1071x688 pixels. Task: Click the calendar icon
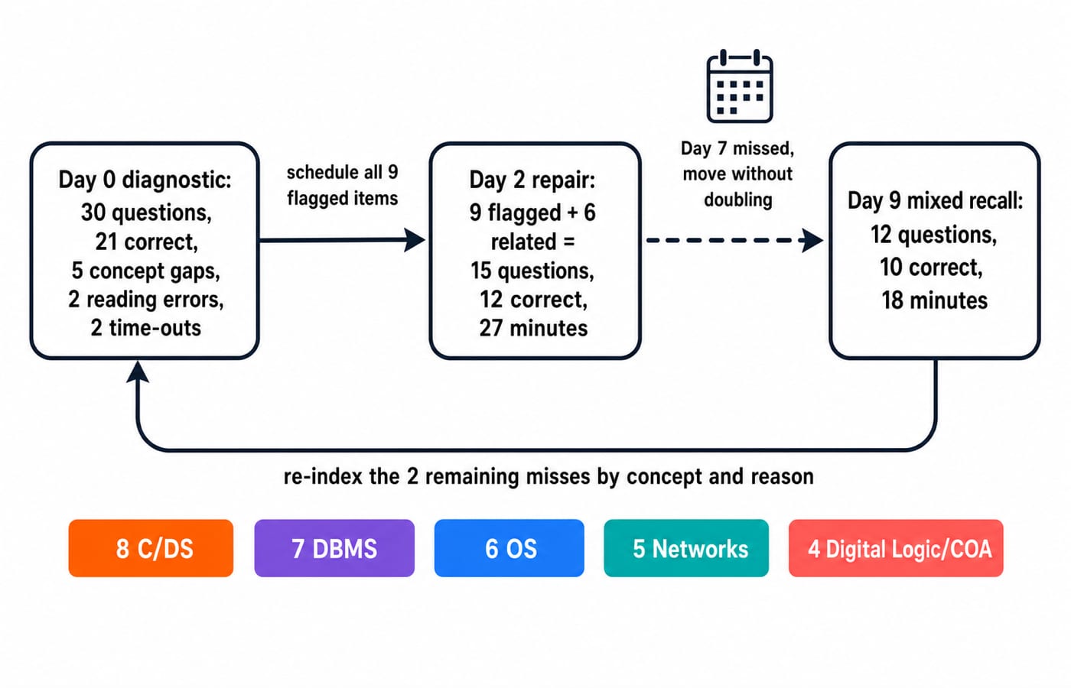pyautogui.click(x=740, y=86)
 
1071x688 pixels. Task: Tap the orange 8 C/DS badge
pyautogui.click(x=151, y=548)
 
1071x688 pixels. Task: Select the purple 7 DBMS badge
pyautogui.click(x=334, y=548)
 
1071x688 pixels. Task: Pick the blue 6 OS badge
pyautogui.click(x=509, y=548)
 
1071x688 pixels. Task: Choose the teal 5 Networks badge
pyautogui.click(x=686, y=548)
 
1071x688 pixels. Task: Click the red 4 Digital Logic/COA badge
pyautogui.click(x=896, y=548)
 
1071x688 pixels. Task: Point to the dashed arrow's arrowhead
pyautogui.click(x=812, y=240)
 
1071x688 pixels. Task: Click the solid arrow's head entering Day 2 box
pyautogui.click(x=415, y=240)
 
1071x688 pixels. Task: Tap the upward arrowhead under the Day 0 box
pyautogui.click(x=138, y=372)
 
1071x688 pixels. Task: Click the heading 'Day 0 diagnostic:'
pyautogui.click(x=145, y=180)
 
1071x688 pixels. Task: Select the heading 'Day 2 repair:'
pyautogui.click(x=532, y=180)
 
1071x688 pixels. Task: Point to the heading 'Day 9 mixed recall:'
pyautogui.click(x=935, y=200)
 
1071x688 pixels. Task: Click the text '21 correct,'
pyautogui.click(x=146, y=242)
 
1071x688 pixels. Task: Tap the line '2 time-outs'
pyautogui.click(x=146, y=328)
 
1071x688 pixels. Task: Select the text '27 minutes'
pyautogui.click(x=534, y=329)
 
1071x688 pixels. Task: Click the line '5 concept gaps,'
pyautogui.click(x=146, y=271)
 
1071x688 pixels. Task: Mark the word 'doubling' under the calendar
pyautogui.click(x=738, y=200)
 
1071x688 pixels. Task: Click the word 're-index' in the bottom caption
pyautogui.click(x=323, y=477)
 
